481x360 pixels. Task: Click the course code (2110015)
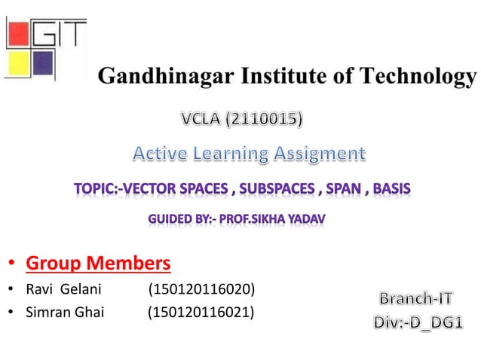(x=270, y=118)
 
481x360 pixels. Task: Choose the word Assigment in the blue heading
(x=318, y=154)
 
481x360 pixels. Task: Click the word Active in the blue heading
(x=158, y=154)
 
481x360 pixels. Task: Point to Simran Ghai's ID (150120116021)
(x=201, y=312)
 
